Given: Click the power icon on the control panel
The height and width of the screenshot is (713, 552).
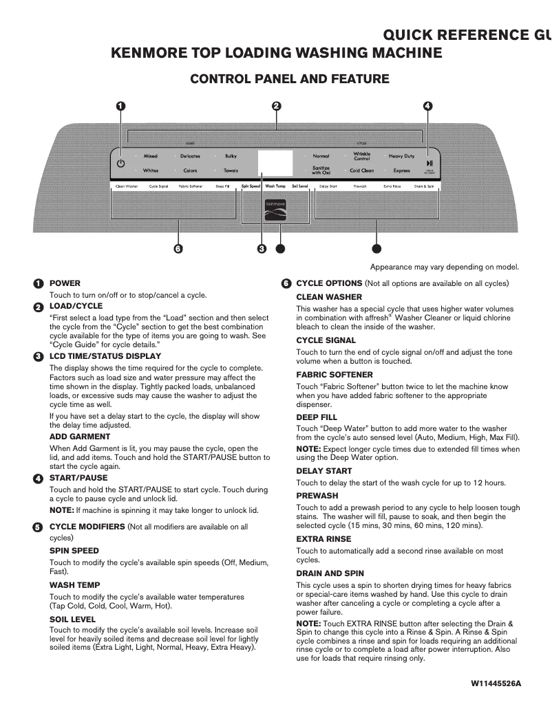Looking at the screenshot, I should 121,164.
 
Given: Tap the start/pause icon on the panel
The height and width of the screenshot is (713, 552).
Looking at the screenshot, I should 429,162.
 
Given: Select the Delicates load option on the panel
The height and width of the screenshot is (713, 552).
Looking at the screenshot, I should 190,156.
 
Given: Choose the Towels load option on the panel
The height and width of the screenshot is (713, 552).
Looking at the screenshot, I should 231,171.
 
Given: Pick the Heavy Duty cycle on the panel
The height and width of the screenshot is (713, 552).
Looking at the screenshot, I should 401,156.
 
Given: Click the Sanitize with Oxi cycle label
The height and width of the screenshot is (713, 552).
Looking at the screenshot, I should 321,170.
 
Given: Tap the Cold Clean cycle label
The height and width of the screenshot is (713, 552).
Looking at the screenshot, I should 362,171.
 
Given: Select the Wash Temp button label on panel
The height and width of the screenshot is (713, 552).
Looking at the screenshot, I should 275,186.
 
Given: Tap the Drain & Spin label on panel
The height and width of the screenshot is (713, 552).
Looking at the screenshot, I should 424,186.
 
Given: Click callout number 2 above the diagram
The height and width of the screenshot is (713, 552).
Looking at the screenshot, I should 276,106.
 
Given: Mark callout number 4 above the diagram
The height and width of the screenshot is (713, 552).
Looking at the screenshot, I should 427,106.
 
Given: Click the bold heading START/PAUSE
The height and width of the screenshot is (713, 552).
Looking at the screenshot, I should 78,478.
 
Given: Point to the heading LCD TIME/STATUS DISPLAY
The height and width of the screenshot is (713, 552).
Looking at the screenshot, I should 105,356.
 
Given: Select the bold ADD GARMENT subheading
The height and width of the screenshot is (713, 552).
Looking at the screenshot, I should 80,437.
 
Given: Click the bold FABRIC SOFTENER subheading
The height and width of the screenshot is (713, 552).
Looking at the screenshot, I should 335,375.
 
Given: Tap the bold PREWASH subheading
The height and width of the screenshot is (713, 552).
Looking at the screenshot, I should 317,496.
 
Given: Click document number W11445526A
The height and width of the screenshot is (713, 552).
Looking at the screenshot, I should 496,683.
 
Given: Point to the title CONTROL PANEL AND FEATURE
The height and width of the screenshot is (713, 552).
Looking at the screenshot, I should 289,79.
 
